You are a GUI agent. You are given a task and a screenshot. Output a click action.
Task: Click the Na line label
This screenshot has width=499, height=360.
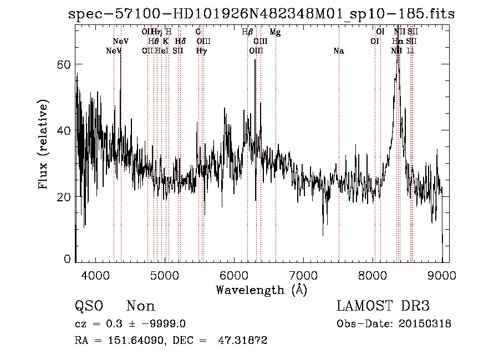[x=338, y=51]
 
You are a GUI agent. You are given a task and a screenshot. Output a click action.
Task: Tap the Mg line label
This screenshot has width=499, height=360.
[x=275, y=32]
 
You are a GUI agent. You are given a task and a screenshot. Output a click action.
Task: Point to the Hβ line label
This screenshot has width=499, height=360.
[x=247, y=32]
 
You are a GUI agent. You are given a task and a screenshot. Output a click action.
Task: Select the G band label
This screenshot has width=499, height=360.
[x=198, y=32]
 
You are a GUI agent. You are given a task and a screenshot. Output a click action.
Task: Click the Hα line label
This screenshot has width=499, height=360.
[x=398, y=42]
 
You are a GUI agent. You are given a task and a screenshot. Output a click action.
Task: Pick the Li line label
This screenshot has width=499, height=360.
[x=410, y=51]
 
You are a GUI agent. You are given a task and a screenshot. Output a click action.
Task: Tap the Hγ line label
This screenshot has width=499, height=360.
[x=201, y=51]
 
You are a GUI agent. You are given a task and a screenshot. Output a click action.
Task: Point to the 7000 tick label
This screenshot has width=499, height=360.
[x=303, y=275]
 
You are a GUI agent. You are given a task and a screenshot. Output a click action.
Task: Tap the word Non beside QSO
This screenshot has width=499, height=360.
[x=140, y=306]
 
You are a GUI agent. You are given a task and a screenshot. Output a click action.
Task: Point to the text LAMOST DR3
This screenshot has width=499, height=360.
[x=383, y=306]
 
